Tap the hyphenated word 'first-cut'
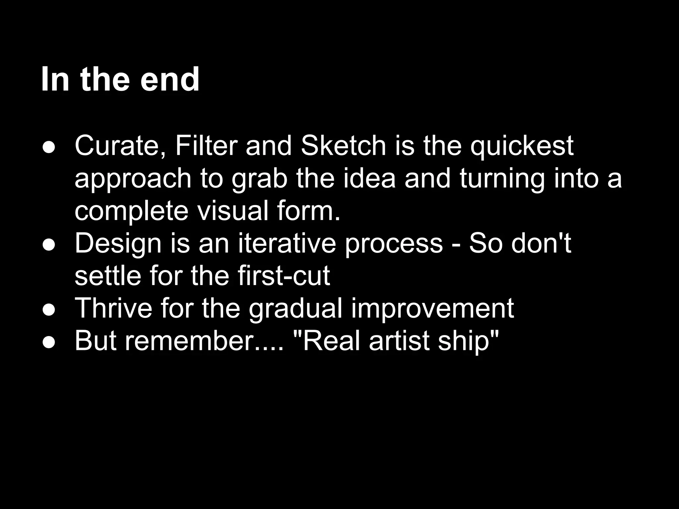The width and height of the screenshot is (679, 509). click(283, 276)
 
